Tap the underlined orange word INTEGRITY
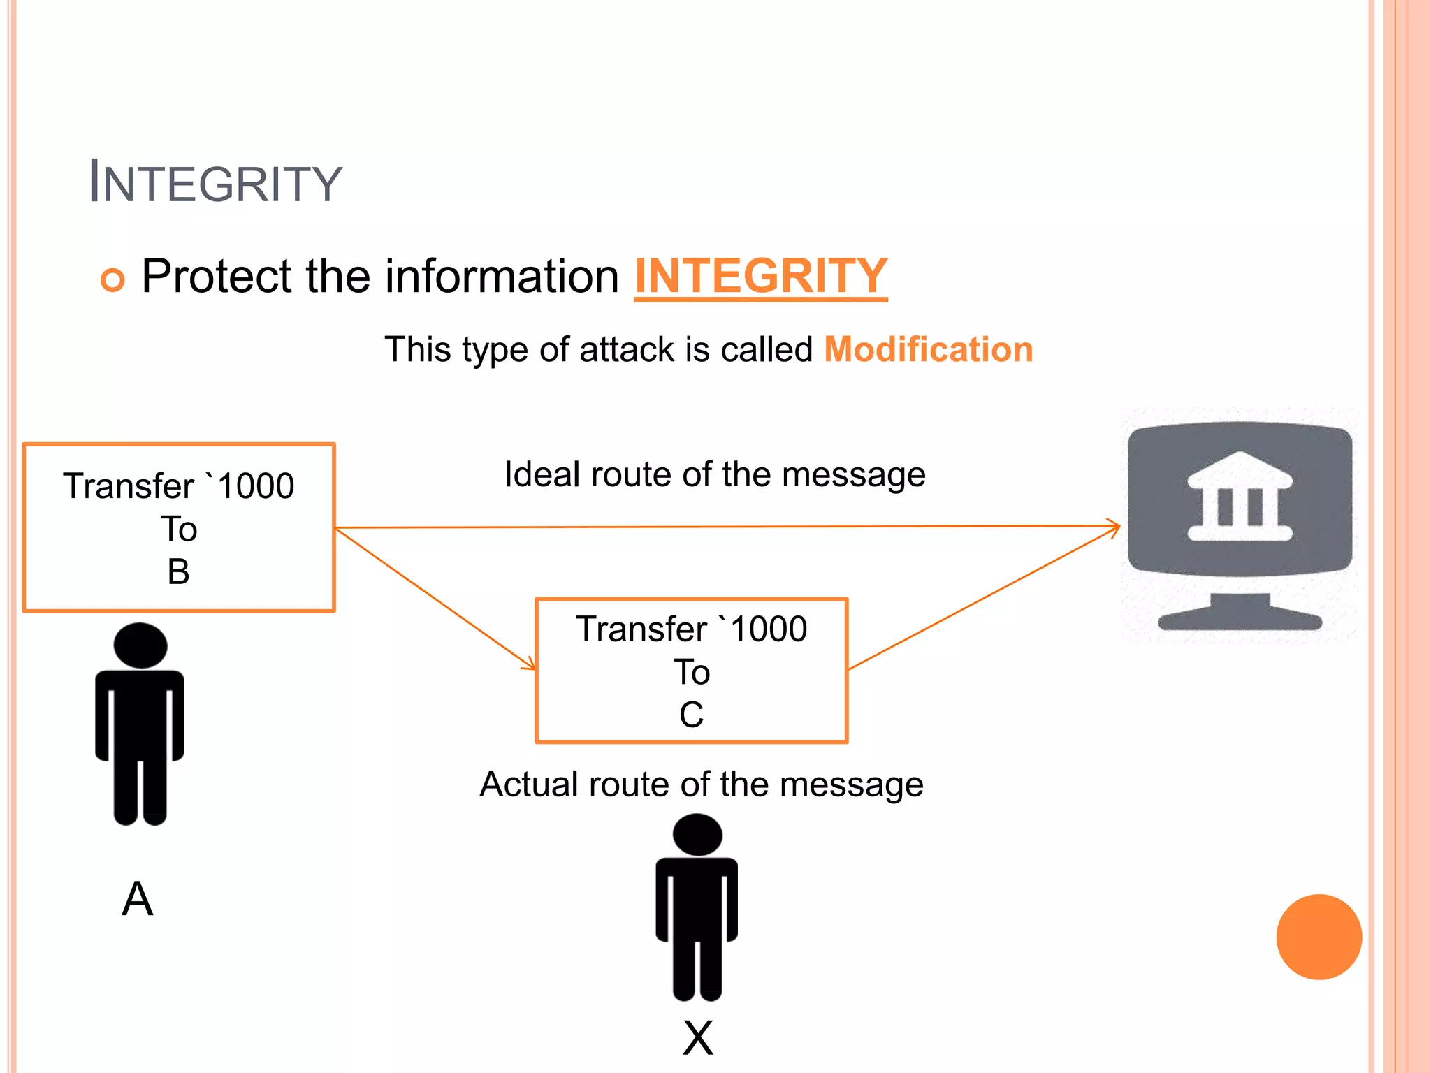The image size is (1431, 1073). point(760,276)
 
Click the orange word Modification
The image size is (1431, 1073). point(928,349)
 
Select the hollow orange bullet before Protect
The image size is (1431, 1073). point(112,279)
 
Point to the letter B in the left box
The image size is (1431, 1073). point(178,572)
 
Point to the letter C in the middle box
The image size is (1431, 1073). point(691,715)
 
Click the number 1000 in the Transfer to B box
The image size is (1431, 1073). point(256,486)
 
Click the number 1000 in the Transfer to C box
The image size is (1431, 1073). point(769,629)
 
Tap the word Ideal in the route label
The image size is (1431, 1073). point(542,475)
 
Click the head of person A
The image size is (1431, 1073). point(140,645)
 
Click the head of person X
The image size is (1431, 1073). point(697,835)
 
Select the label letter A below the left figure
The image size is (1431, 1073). point(137,899)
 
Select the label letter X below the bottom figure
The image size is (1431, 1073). point(697,1038)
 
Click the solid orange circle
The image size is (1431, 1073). point(1319,937)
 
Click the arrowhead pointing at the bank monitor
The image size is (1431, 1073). point(1115,527)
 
